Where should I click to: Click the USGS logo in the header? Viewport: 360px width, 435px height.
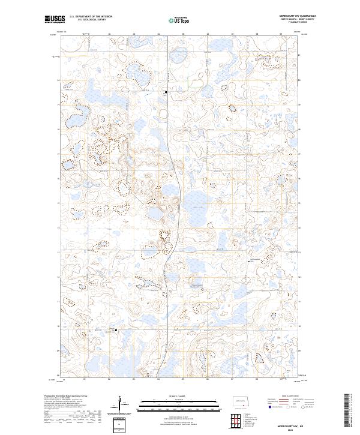pyautogui.click(x=55, y=19)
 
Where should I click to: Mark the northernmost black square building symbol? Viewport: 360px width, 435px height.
pyautogui.click(x=166, y=92)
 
